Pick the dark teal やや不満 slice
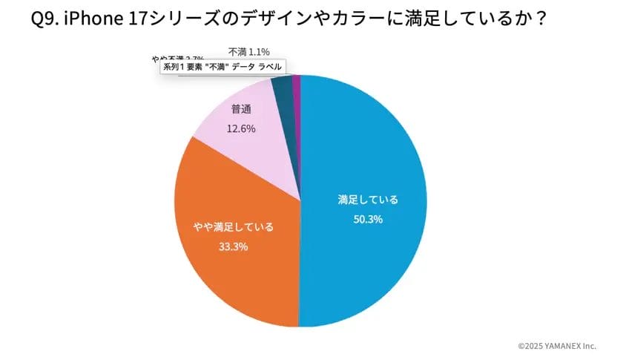coord(283,93)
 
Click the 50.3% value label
coord(368,219)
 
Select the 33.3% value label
coord(233,246)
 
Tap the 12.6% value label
coord(241,128)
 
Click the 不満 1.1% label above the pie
coord(248,51)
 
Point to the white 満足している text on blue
coord(368,200)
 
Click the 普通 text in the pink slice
coord(241,110)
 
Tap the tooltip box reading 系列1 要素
coord(222,66)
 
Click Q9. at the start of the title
coord(45,19)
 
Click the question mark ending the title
coord(541,19)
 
